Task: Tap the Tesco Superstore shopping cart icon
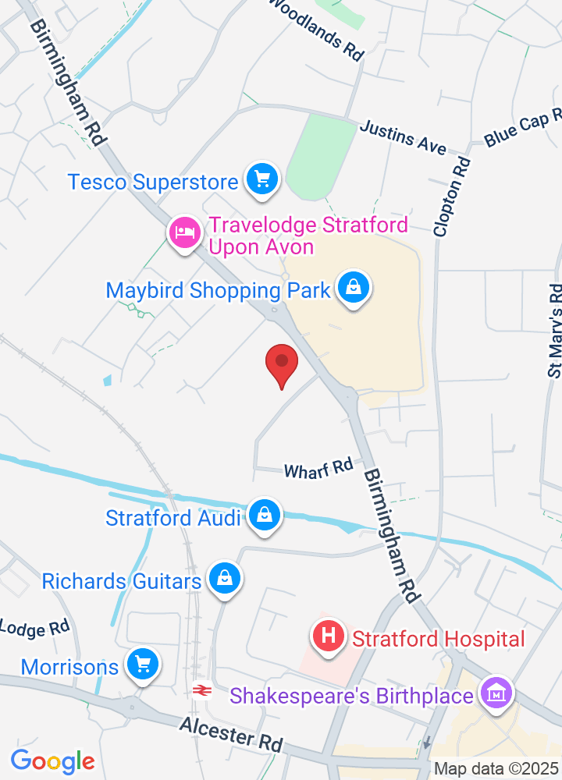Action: pos(262,180)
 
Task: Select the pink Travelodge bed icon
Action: pos(184,232)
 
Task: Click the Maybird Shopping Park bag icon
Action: pos(354,288)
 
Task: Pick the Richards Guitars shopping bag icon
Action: pos(225,580)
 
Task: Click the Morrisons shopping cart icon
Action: pos(143,665)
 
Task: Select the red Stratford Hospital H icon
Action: pos(329,636)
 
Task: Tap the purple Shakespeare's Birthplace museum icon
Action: pos(496,692)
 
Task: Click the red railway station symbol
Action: pos(201,690)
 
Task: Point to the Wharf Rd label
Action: pos(318,469)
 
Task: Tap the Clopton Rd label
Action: pos(454,197)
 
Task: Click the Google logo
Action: pos(52,760)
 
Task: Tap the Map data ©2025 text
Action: pos(496,769)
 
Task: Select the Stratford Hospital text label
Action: pos(438,640)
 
